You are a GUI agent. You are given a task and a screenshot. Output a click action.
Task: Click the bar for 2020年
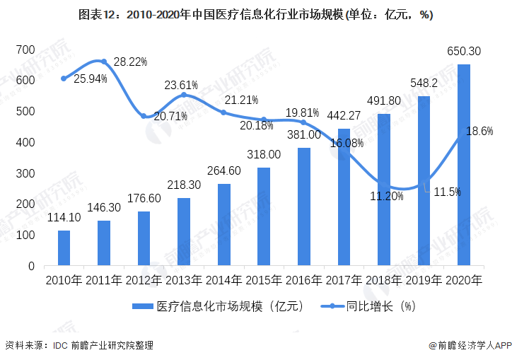pos(463,166)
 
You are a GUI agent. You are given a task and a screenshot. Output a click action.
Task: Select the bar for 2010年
pos(64,248)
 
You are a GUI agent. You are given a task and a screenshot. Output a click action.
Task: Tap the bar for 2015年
pos(264,216)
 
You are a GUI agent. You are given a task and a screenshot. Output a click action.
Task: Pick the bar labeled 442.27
pos(344,197)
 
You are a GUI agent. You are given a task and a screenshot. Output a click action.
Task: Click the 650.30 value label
pos(465,51)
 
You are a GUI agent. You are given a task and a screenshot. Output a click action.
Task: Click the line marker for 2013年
pos(184,95)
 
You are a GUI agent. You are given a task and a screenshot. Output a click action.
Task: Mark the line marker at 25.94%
pos(64,79)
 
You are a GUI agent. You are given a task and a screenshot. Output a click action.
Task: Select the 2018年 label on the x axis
pos(383,280)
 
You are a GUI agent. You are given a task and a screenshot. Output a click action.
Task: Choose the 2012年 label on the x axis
pos(144,280)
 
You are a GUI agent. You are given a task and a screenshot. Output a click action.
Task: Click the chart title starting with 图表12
pos(256,14)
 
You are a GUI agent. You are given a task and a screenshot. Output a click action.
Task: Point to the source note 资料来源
pos(79,346)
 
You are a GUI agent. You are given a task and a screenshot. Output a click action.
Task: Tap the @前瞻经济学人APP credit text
pos(469,346)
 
